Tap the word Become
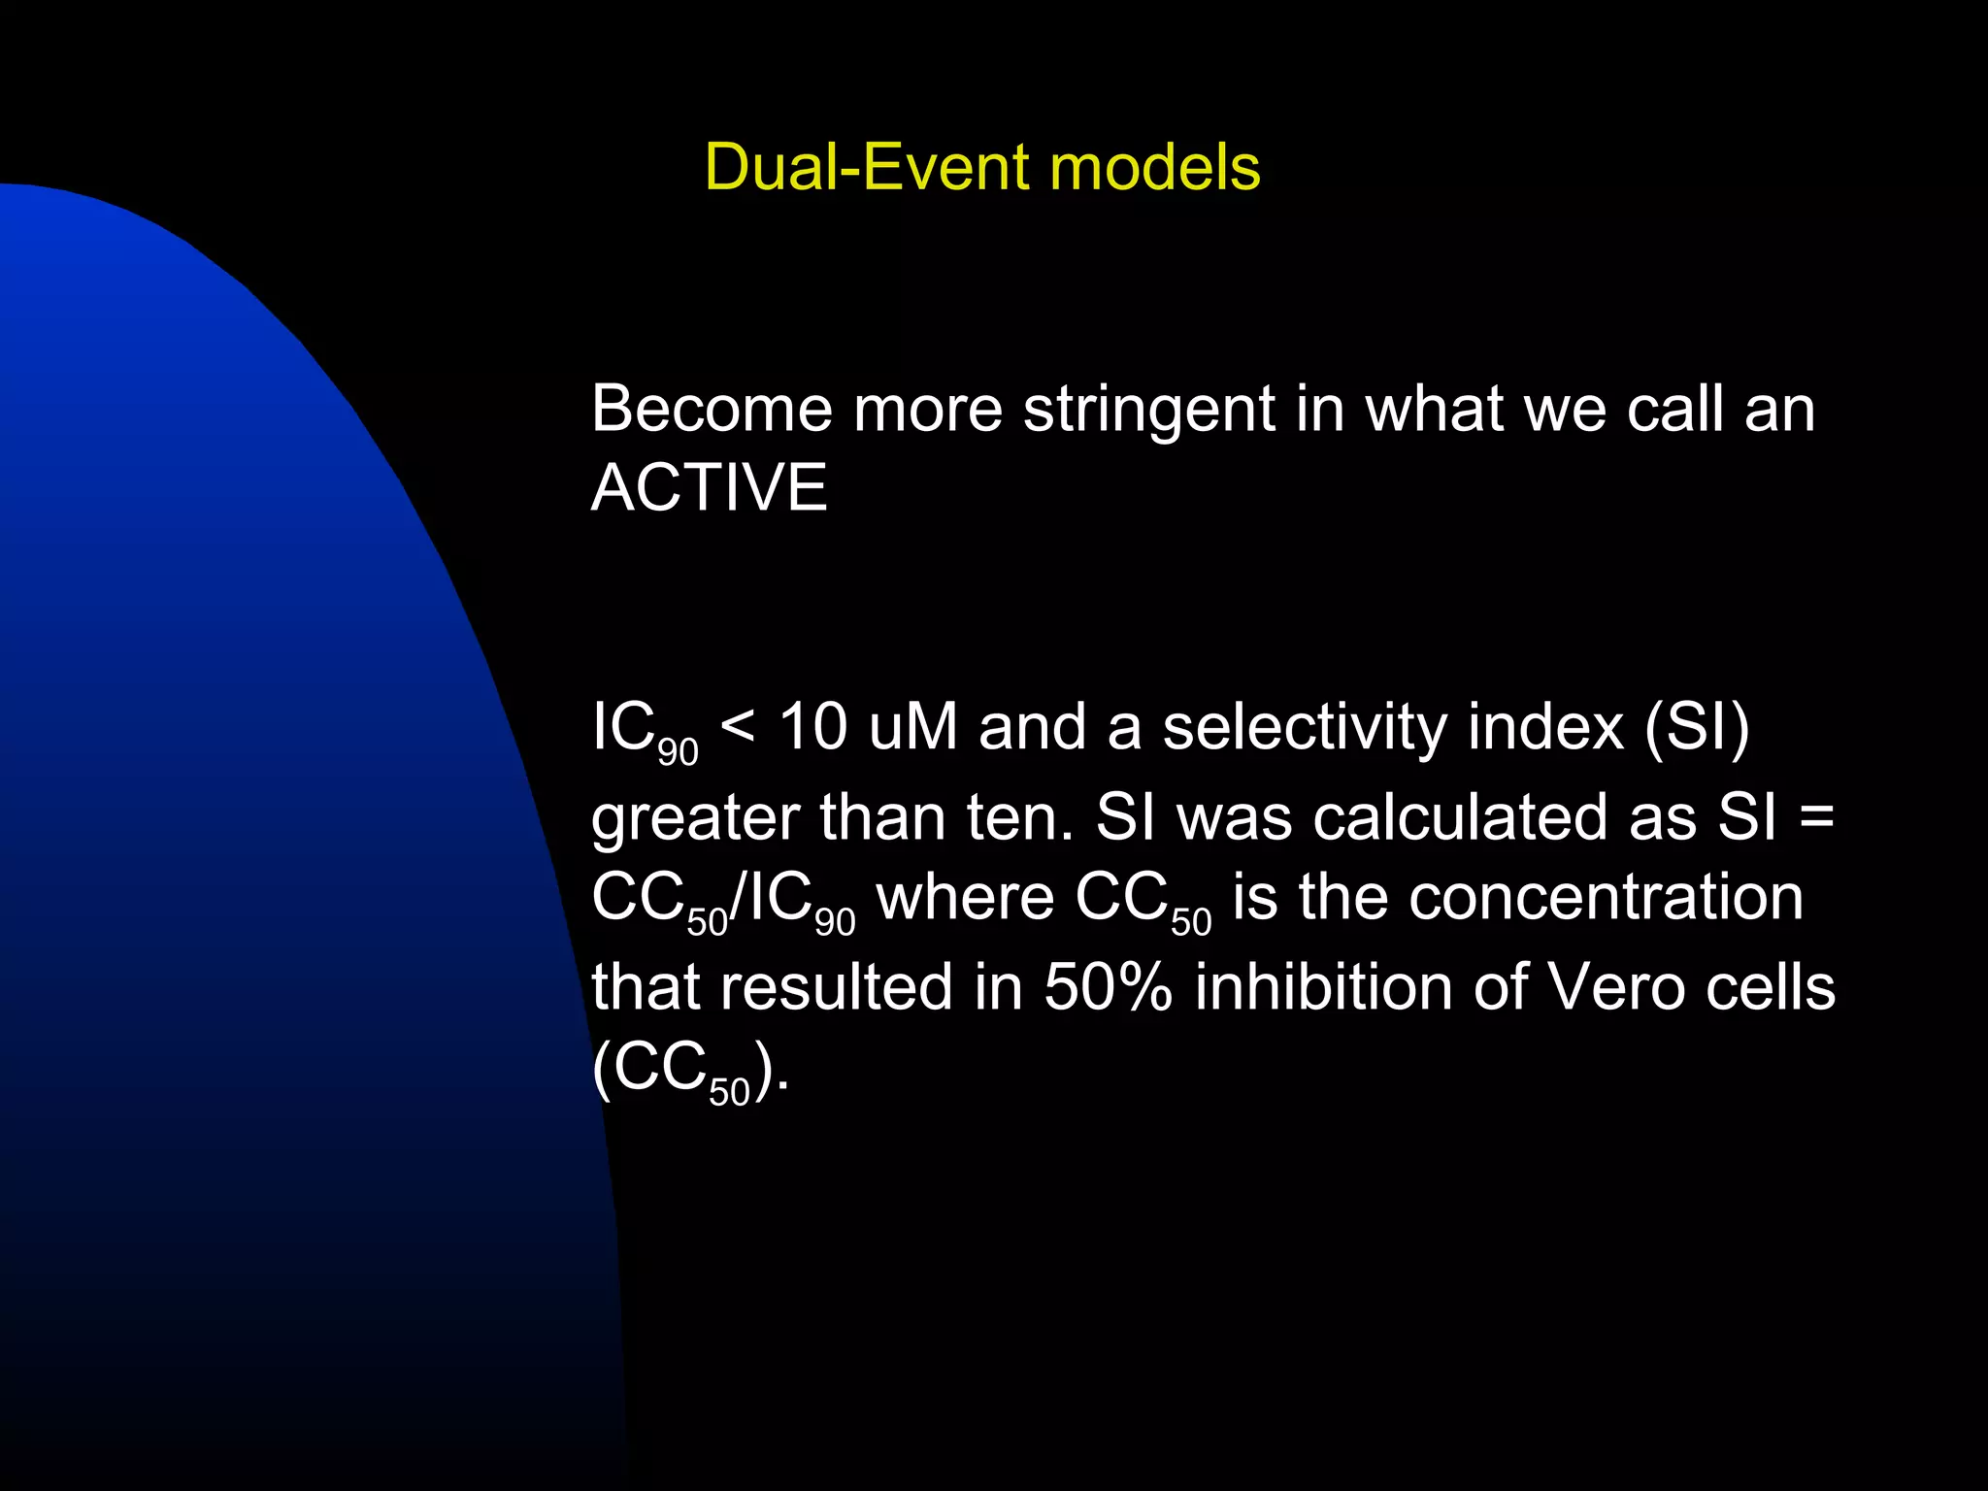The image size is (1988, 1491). point(712,409)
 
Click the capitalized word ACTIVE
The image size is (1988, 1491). point(710,487)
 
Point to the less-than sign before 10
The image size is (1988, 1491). point(738,726)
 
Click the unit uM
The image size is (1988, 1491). point(912,726)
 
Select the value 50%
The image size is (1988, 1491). point(1108,987)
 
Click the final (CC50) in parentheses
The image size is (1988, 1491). point(689,1070)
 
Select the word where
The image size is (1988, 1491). point(965,898)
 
